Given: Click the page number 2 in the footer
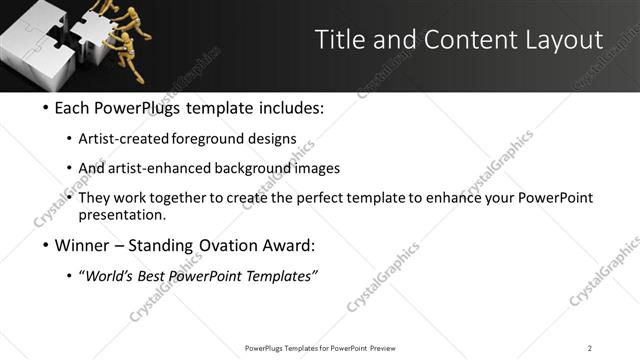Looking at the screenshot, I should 590,348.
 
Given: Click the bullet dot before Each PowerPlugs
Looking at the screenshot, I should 47,108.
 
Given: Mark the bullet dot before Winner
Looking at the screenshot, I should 47,245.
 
